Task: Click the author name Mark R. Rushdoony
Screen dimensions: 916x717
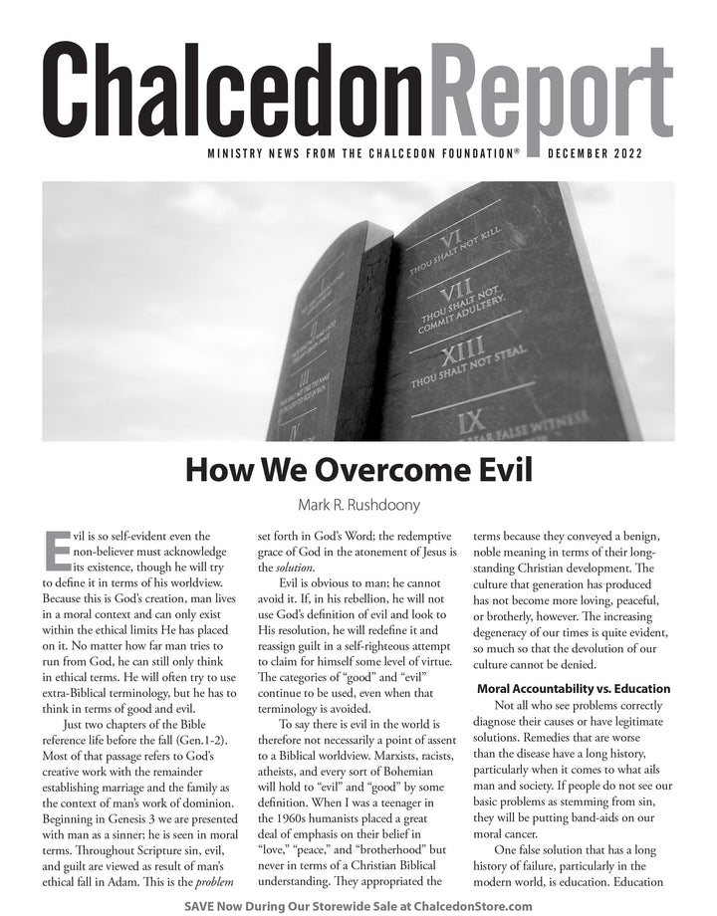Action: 358,505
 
